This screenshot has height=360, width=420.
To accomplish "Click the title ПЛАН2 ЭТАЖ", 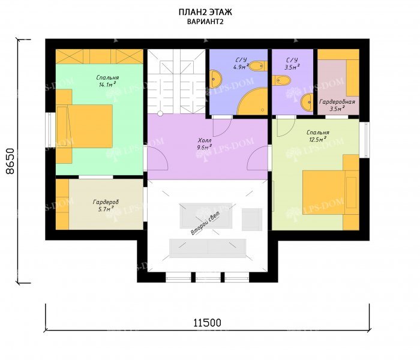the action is tap(205, 13).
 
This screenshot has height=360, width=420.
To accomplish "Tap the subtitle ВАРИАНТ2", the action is tap(205, 22).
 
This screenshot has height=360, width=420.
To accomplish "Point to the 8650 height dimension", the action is tap(10, 161).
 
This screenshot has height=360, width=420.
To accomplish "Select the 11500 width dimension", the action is tap(208, 323).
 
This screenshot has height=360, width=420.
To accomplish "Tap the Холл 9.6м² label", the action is tap(205, 143).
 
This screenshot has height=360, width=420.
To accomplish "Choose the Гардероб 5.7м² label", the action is tap(106, 206).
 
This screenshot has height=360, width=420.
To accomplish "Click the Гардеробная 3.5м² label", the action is tap(337, 105).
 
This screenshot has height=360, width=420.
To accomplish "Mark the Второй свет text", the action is tap(205, 223).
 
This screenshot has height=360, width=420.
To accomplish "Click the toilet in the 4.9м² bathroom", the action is tap(258, 66).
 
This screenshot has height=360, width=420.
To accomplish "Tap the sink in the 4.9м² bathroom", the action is tap(215, 79).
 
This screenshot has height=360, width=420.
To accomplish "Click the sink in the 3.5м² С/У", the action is tap(307, 102).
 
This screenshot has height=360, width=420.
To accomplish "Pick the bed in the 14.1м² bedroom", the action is tap(84, 126).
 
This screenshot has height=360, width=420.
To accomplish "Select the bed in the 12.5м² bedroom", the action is tap(331, 193).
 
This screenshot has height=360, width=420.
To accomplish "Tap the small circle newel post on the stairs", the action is tap(160, 113).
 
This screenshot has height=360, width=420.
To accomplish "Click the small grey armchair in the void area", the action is tap(252, 220).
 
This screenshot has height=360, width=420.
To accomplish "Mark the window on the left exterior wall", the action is tap(50, 130).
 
